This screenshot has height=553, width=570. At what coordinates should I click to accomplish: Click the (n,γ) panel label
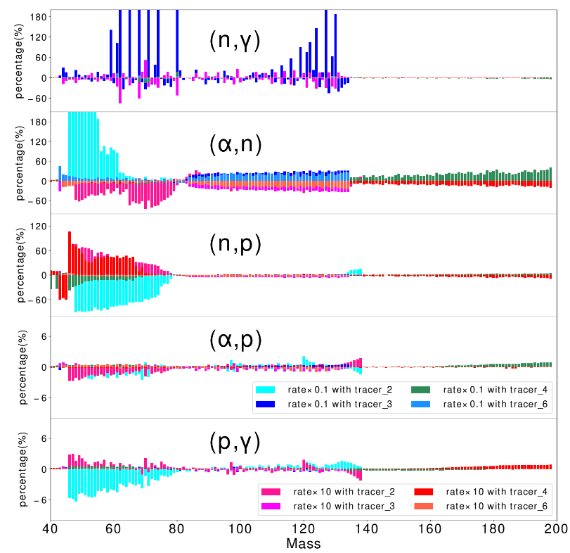(x=235, y=42)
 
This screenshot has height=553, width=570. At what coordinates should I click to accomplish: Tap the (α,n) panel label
(x=235, y=144)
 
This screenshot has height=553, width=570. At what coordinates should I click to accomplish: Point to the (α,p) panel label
(x=235, y=341)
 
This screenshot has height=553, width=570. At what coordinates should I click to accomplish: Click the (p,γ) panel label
(x=235, y=442)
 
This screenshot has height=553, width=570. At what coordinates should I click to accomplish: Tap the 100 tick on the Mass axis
(x=240, y=528)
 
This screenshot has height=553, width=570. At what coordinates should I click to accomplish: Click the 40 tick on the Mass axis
(x=50, y=528)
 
